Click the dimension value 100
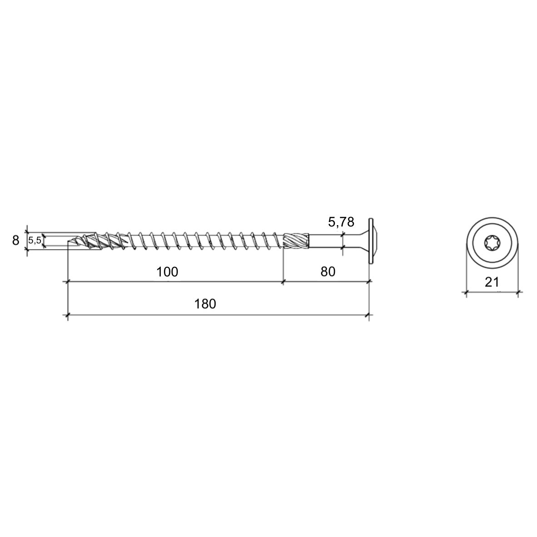point(167,272)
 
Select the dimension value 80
point(328,271)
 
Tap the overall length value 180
point(205,304)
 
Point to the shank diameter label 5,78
point(341,222)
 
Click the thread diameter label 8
point(15,241)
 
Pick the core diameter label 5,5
point(34,241)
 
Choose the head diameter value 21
point(492,282)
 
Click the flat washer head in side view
point(370,241)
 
